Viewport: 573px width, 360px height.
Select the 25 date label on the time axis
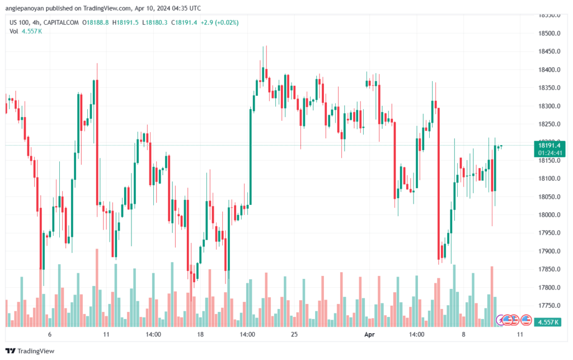coord(294,334)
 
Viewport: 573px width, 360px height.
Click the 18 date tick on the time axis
coord(200,334)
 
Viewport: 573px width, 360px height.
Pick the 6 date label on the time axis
coord(50,334)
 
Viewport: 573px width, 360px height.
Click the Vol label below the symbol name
coord(14,31)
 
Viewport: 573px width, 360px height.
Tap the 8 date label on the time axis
coord(463,334)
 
